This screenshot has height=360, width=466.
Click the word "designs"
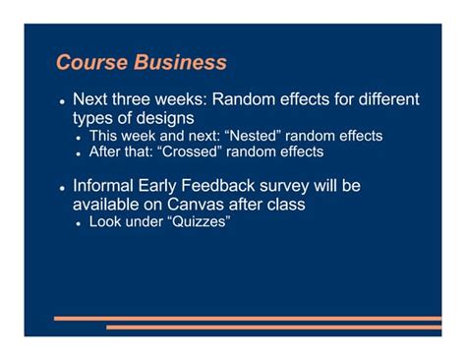pos(160,119)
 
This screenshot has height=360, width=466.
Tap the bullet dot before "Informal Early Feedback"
pos(61,188)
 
